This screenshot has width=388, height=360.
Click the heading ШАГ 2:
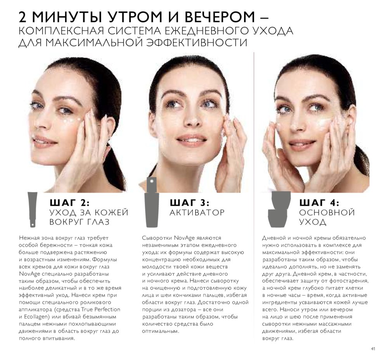click(x=69, y=203)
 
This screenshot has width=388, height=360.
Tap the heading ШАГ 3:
click(x=190, y=203)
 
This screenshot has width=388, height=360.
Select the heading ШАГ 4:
click(x=319, y=203)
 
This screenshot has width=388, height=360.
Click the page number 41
click(x=373, y=349)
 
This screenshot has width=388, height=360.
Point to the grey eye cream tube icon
click(x=33, y=209)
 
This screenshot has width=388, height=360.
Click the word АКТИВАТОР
click(x=197, y=212)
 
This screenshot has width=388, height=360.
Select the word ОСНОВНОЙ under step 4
click(x=327, y=212)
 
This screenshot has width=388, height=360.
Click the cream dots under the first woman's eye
click(x=72, y=121)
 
